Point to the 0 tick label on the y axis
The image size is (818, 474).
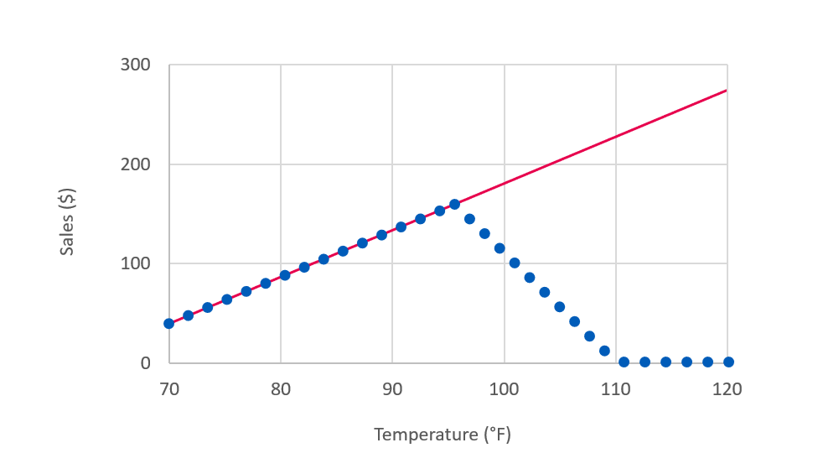146,363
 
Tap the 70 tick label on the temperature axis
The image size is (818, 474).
168,389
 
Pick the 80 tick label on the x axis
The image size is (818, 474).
281,389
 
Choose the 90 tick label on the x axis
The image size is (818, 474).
392,389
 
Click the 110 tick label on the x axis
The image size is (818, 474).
616,389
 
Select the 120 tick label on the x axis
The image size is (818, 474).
727,389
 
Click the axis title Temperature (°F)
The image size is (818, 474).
442,435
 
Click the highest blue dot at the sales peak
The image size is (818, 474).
454,204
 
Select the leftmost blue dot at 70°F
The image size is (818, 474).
169,323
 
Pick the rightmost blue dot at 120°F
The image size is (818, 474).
728,362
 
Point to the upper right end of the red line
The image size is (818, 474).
726,90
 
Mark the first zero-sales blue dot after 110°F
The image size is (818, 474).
624,362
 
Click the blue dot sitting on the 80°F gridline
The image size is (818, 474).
285,275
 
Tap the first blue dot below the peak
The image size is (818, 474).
469,219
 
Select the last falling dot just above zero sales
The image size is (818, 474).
604,351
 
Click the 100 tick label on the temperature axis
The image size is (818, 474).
505,389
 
